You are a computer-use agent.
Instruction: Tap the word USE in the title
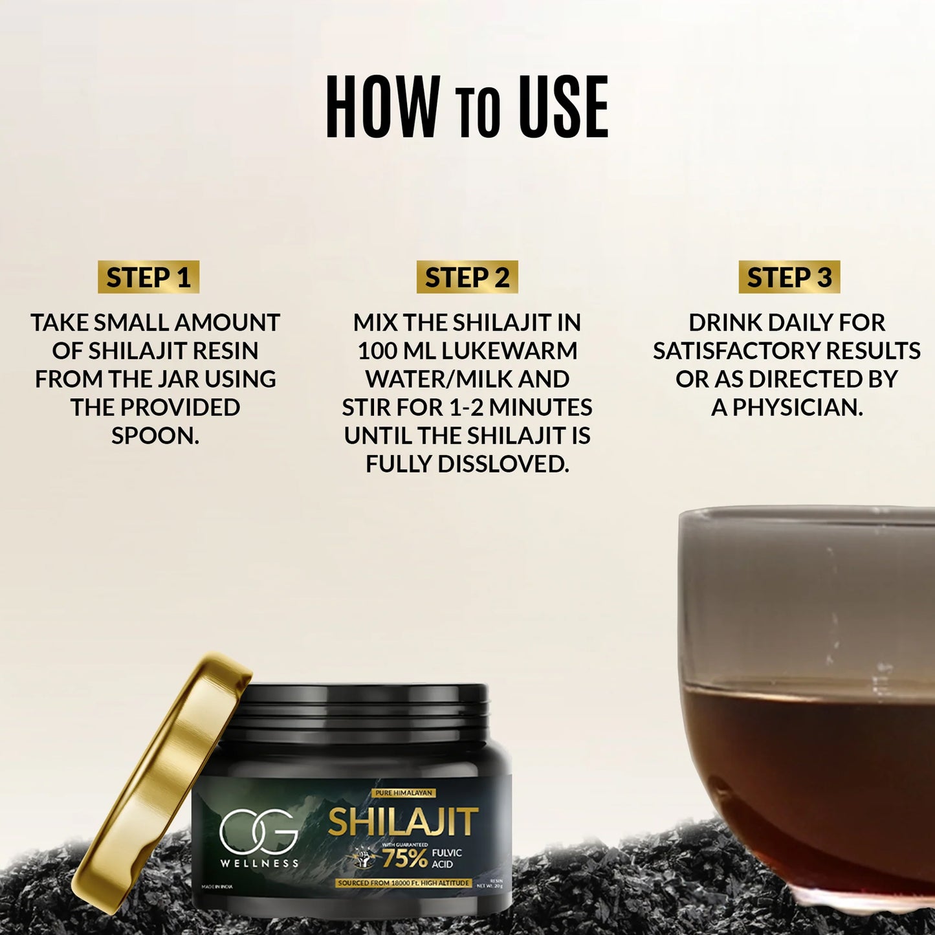click(x=563, y=107)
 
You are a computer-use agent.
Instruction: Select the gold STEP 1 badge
click(x=148, y=278)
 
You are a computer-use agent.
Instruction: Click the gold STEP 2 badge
click(x=467, y=278)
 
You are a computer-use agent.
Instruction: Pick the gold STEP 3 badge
click(x=789, y=278)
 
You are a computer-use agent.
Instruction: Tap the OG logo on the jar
click(x=258, y=832)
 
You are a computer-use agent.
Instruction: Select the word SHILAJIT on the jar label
click(x=402, y=822)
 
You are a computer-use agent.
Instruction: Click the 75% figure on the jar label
click(x=404, y=858)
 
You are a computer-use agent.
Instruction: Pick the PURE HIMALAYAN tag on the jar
click(x=404, y=793)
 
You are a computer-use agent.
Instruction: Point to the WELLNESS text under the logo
click(x=259, y=863)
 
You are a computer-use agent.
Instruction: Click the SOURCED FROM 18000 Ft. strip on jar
click(x=403, y=883)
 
